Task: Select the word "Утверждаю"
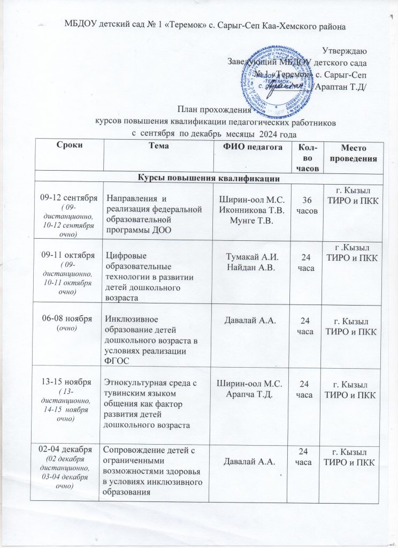click(x=344, y=51)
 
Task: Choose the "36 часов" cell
click(x=305, y=205)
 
